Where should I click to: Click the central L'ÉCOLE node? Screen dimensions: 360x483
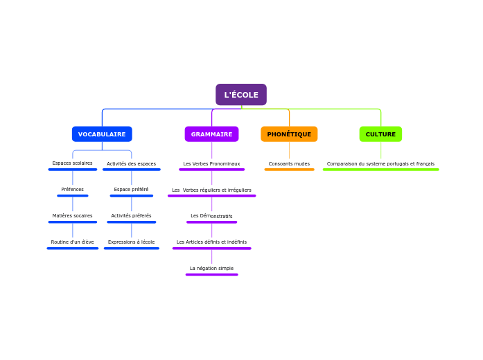click(241, 95)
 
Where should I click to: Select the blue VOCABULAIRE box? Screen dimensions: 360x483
click(102, 134)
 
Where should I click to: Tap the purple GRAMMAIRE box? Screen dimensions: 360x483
click(211, 134)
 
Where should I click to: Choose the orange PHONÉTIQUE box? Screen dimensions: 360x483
click(289, 134)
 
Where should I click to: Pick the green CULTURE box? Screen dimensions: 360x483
click(380, 134)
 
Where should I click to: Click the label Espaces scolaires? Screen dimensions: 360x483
click(72, 163)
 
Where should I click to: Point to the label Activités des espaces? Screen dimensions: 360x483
click(131, 164)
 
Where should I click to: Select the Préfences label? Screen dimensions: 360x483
click(72, 190)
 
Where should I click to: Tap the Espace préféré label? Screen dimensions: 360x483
click(131, 190)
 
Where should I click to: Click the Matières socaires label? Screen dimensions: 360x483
click(72, 216)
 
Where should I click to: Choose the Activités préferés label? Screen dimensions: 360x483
click(131, 216)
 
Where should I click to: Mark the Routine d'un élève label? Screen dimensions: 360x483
click(72, 242)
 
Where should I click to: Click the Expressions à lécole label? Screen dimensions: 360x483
click(131, 242)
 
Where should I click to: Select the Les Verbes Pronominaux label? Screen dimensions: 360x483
click(211, 164)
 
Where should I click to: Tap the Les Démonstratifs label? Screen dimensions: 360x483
click(211, 216)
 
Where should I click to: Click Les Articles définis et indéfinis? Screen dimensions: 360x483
click(211, 242)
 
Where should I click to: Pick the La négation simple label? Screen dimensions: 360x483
click(211, 269)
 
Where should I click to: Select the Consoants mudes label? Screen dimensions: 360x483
click(289, 164)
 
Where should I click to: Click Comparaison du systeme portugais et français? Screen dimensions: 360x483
click(380, 164)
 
